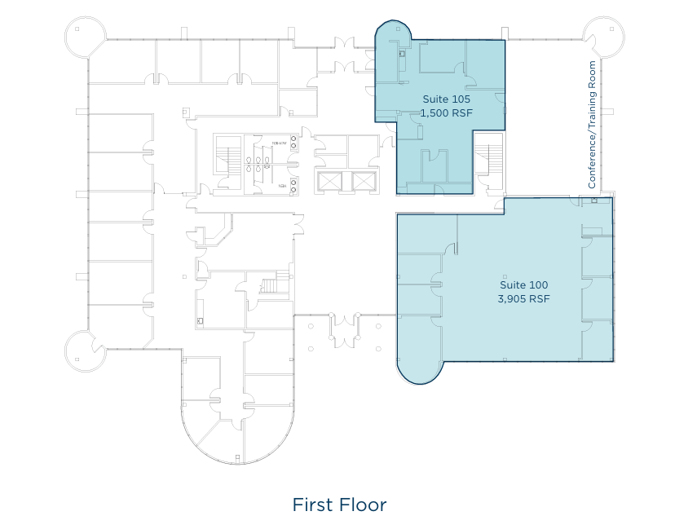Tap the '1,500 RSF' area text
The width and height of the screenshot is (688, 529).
coord(446,113)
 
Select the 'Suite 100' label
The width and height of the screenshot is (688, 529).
coord(523,285)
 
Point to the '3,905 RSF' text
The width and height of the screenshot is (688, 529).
coord(523,299)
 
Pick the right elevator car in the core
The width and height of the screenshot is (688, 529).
coord(363,181)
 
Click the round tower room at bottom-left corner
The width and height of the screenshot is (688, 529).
coord(85,349)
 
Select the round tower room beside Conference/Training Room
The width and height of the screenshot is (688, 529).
coord(604,37)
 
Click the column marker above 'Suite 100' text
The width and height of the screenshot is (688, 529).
coord(505,276)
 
